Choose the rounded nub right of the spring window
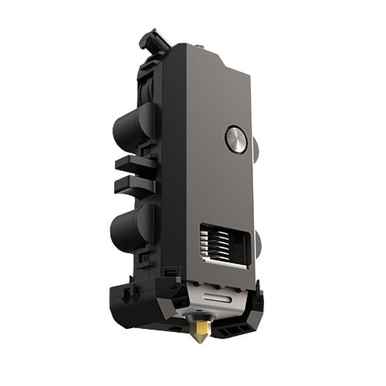(x=257, y=242)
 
